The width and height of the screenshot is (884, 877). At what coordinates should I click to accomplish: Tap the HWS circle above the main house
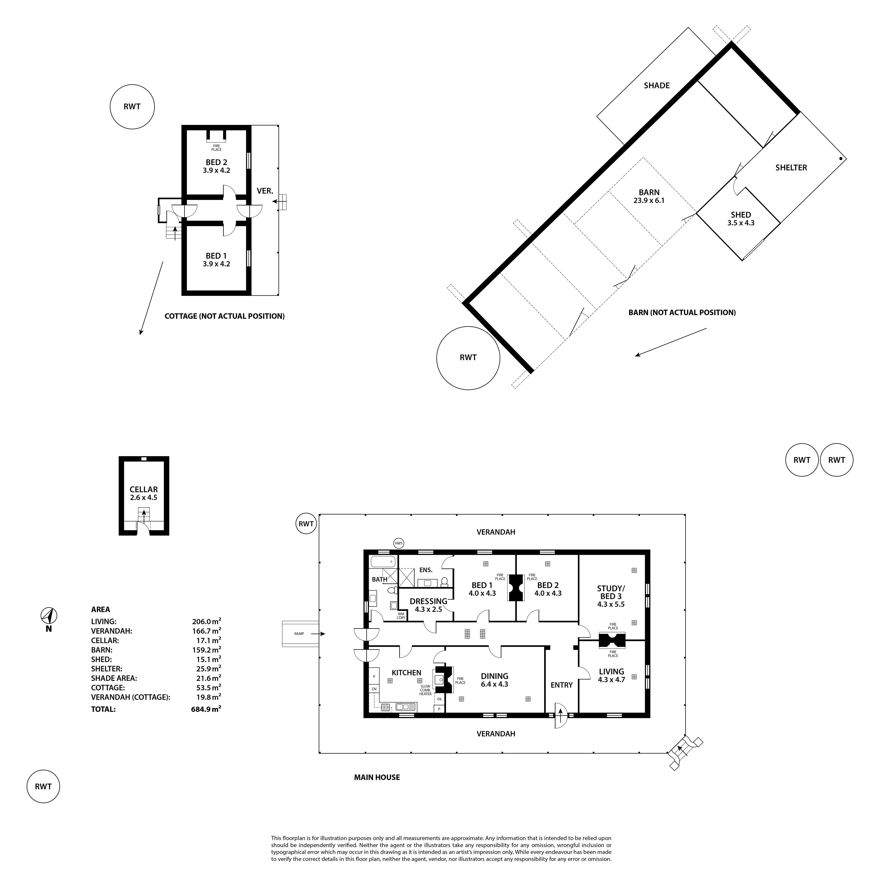click(x=399, y=543)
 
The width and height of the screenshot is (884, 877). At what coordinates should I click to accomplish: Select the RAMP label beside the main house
click(x=299, y=633)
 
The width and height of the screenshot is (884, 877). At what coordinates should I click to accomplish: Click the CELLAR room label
click(x=144, y=489)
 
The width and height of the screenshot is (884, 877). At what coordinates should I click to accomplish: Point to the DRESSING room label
click(x=428, y=601)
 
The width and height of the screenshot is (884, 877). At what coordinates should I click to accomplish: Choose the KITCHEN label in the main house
click(x=406, y=672)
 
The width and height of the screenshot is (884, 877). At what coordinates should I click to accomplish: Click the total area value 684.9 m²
click(x=206, y=709)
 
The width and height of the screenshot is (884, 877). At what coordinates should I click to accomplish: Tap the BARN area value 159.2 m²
click(x=206, y=650)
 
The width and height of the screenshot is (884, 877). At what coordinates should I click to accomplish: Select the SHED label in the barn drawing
click(x=741, y=215)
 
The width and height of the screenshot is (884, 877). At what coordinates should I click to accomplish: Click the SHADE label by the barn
click(x=657, y=86)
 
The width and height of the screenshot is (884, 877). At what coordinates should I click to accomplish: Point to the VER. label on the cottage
click(x=265, y=191)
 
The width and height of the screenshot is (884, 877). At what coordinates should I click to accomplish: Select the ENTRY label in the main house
click(x=561, y=685)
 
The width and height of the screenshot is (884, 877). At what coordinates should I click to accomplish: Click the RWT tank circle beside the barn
click(x=468, y=358)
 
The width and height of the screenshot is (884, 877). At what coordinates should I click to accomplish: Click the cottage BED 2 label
click(x=216, y=162)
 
